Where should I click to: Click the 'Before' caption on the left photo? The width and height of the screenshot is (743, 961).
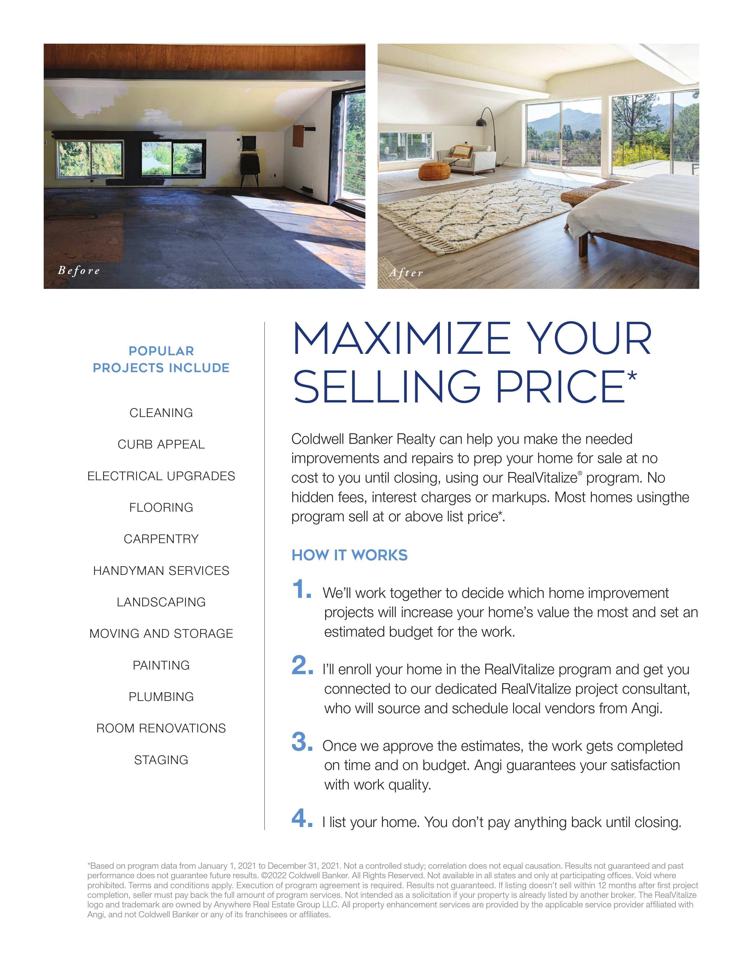click(79, 270)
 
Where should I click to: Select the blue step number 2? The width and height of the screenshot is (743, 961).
click(302, 666)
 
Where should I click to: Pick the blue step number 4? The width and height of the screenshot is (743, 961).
click(302, 818)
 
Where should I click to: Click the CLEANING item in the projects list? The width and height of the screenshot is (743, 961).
click(161, 413)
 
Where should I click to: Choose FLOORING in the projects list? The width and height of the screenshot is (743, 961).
click(161, 507)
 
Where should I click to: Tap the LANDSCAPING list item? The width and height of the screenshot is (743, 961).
click(161, 602)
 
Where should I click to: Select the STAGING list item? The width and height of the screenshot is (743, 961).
click(161, 760)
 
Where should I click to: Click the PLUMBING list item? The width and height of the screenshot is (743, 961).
click(161, 697)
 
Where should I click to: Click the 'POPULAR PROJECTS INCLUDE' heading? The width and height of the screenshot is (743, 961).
click(161, 359)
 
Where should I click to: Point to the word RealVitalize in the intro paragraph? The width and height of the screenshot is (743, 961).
click(542, 478)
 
